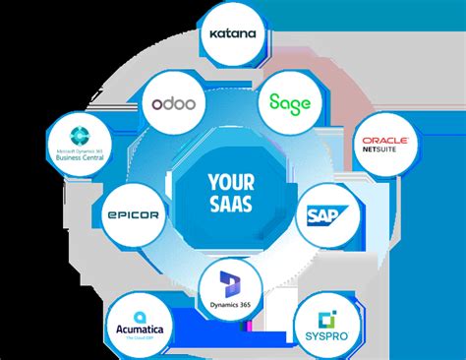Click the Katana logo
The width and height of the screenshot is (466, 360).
234,33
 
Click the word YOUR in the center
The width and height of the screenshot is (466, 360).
233,181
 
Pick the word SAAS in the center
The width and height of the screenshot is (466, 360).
233,204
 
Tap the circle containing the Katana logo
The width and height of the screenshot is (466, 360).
234,33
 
